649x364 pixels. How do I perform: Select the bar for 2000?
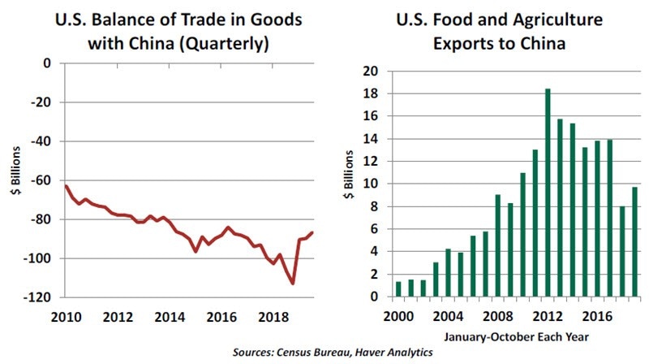pyautogui.click(x=398, y=289)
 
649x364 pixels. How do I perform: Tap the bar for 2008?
pyautogui.click(x=498, y=245)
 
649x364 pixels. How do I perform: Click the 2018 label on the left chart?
pyautogui.click(x=272, y=316)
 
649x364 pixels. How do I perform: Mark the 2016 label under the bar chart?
pyautogui.click(x=598, y=315)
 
